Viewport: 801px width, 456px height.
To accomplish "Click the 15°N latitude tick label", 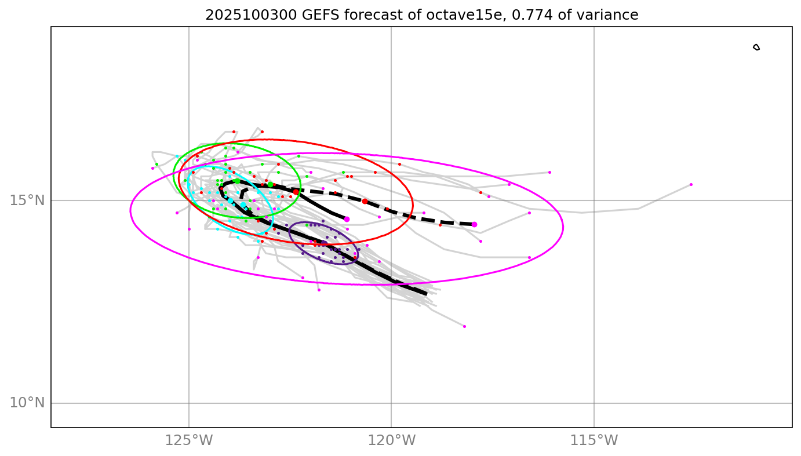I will [27, 200].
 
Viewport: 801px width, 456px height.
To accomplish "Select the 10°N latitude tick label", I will [27, 403].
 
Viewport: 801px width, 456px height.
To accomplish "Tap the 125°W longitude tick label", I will [188, 440].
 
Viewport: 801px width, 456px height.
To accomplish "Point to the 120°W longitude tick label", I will [391, 440].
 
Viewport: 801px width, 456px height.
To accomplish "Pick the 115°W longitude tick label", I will [594, 440].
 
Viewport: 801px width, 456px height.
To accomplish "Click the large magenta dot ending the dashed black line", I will [474, 224].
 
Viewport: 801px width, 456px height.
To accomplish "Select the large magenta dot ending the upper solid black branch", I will [347, 219].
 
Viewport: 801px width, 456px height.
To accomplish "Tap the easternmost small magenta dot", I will [691, 184].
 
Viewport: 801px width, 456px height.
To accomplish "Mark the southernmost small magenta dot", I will [464, 326].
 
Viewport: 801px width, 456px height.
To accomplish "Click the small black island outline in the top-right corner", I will [756, 47].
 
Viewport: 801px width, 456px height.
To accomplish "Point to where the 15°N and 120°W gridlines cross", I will [391, 200].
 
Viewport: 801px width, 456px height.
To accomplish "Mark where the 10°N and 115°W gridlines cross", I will [594, 403].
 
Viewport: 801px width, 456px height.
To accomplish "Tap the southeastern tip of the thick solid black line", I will [426, 294].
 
